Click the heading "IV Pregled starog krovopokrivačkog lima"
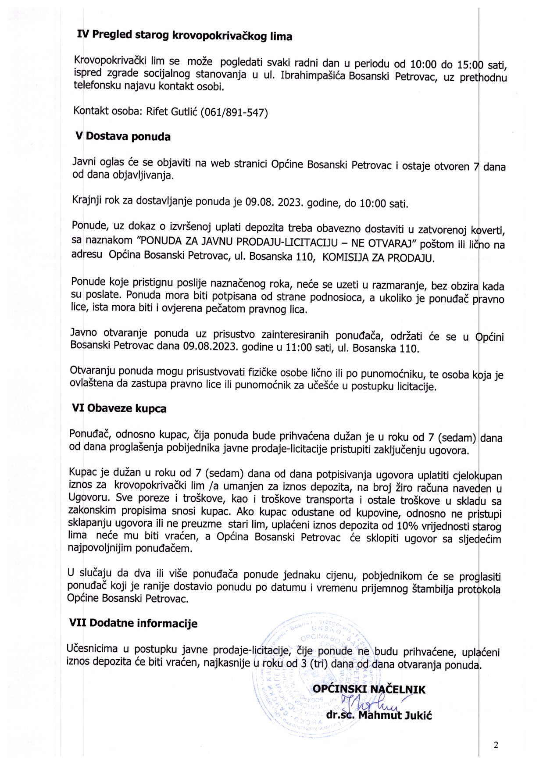point(184,36)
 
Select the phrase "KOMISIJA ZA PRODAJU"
point(379,258)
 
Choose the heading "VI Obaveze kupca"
point(119,409)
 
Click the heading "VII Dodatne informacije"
point(133,623)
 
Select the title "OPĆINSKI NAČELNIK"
point(369,689)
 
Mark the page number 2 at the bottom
point(496,744)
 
